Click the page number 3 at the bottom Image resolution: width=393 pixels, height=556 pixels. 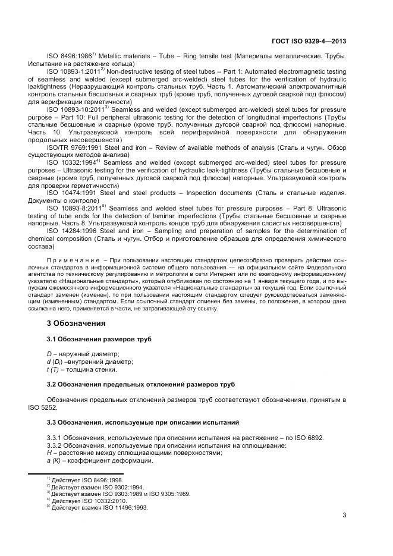tap(344, 516)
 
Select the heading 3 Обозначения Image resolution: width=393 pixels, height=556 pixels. tap(76, 323)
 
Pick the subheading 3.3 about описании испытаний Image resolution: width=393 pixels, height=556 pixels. tap(143, 422)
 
